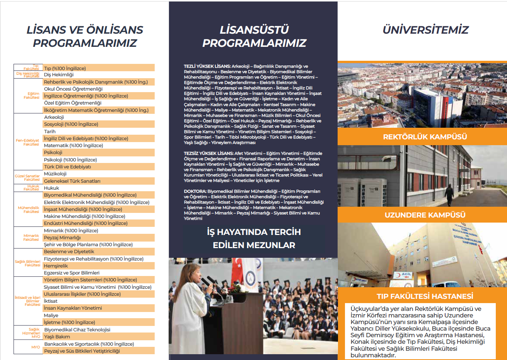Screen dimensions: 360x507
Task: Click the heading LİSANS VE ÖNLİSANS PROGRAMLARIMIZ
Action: pyautogui.click(x=85, y=36)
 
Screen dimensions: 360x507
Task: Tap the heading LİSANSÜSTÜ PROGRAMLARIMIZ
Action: pyautogui.click(x=254, y=36)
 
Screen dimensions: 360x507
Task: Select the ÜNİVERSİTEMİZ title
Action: pyautogui.click(x=425, y=30)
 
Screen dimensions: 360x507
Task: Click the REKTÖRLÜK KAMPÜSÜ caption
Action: pyautogui.click(x=425, y=137)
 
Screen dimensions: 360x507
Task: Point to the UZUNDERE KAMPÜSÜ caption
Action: pyautogui.click(x=425, y=215)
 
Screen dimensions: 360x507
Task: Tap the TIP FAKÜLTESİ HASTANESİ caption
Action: pyautogui.click(x=425, y=296)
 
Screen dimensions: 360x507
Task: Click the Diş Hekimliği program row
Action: pyautogui.click(x=59, y=75)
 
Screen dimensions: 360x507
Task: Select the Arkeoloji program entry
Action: pyautogui.click(x=54, y=117)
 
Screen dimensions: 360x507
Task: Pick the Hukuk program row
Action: pyautogui.click(x=51, y=188)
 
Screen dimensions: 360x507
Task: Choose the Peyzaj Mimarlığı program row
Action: pyautogui.click(x=62, y=238)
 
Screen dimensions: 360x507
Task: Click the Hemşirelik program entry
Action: pyautogui.click(x=56, y=266)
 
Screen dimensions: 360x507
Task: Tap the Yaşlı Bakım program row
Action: pyautogui.click(x=57, y=337)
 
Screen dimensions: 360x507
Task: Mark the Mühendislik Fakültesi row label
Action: pyautogui.click(x=29, y=209)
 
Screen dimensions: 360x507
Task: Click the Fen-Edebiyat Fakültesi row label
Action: pyautogui.click(x=27, y=142)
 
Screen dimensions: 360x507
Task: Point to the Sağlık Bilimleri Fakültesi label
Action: pyautogui.click(x=27, y=263)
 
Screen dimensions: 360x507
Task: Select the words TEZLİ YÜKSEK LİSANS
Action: pyautogui.click(x=207, y=67)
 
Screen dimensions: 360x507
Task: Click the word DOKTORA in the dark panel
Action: pyautogui.click(x=195, y=191)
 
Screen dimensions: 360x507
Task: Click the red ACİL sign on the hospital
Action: pyautogui.click(x=406, y=274)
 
